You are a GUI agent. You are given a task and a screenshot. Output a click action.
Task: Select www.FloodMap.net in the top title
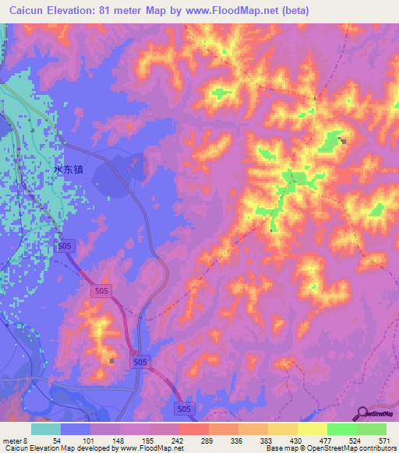pyautogui.click(x=238, y=11)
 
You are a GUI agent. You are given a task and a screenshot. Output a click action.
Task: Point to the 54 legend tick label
pyautogui.click(x=58, y=440)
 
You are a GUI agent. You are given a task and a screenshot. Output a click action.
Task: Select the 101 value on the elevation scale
pyautogui.click(x=86, y=440)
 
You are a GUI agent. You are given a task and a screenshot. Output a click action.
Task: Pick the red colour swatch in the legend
pyautogui.click(x=193, y=429)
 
